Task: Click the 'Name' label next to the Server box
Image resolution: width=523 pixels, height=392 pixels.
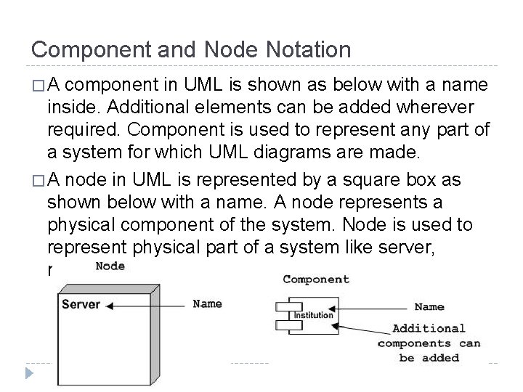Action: coord(207,303)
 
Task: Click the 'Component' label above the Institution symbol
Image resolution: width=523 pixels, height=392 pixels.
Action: coord(315,279)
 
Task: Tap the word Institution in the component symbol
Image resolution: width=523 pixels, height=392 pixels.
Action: coord(313,315)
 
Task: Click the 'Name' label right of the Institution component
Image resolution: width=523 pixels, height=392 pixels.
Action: coord(429,306)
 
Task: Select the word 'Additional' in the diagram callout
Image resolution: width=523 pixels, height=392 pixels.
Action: coord(429,328)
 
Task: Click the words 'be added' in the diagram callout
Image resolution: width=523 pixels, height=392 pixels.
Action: coord(429,357)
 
